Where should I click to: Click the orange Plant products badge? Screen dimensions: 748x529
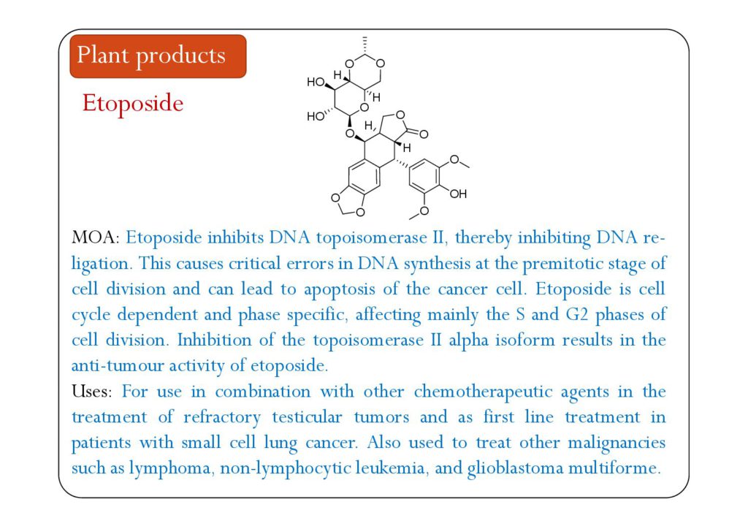(158, 56)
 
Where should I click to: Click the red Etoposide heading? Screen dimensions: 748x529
(133, 104)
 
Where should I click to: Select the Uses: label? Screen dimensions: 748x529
(91, 391)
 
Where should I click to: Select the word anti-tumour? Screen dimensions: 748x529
(118, 365)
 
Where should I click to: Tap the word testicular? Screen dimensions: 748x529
(307, 417)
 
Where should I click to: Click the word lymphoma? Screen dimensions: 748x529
(169, 468)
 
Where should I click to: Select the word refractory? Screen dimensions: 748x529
(222, 418)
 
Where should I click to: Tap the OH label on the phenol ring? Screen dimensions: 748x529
(458, 194)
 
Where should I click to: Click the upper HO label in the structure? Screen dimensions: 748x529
(316, 82)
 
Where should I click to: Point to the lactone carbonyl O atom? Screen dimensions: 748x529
(424, 134)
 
